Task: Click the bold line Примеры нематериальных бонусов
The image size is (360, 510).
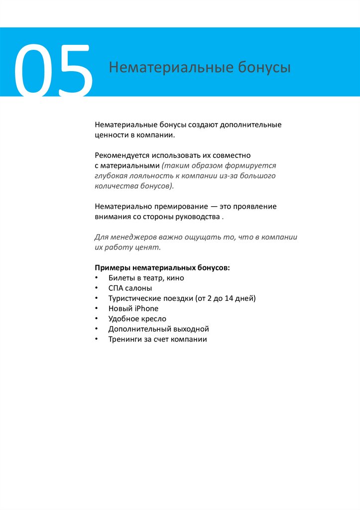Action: click(x=162, y=267)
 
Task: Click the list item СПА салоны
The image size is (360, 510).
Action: click(x=130, y=288)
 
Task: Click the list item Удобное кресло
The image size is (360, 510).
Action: click(x=137, y=319)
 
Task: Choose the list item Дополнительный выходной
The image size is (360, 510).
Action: click(x=158, y=329)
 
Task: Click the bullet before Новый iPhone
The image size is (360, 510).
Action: click(x=96, y=309)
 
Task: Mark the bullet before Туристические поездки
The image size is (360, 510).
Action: click(x=96, y=298)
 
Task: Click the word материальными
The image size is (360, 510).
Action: click(x=130, y=165)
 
